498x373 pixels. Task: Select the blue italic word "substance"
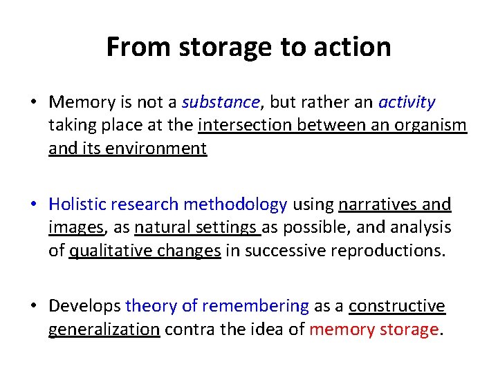[x=221, y=103]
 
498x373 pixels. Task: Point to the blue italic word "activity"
[x=407, y=103]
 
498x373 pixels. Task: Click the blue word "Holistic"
[x=76, y=204]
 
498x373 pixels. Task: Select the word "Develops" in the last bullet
[x=85, y=306]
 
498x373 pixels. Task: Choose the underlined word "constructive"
[x=397, y=306]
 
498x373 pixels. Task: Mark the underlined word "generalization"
[x=104, y=329]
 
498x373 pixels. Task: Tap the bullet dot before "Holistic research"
[x=34, y=204]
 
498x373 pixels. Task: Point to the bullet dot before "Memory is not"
[x=34, y=103]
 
